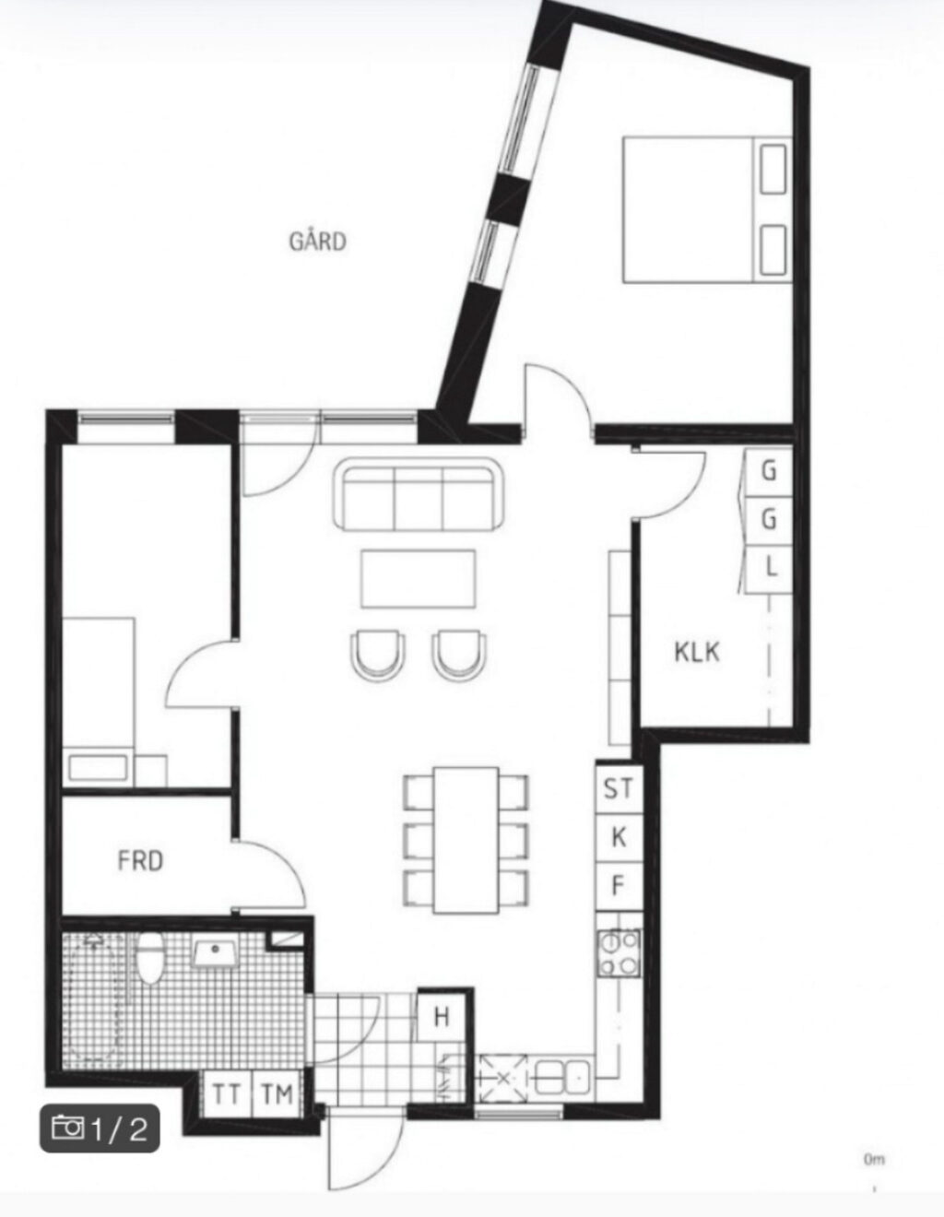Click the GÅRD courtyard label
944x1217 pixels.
[x=317, y=242]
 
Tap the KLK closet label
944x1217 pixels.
[x=697, y=653]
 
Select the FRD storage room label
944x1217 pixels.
[x=140, y=861]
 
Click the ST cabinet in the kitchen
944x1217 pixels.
[x=619, y=789]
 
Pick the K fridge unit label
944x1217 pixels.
[x=619, y=838]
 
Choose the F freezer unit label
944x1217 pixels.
[x=618, y=886]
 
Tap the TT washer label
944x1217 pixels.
[x=227, y=1094]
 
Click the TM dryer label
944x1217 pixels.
[x=277, y=1094]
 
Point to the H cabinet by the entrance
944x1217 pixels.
[x=442, y=1017]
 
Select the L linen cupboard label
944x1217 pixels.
[x=771, y=568]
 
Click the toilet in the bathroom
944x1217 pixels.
[x=150, y=958]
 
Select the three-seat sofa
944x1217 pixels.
[x=419, y=494]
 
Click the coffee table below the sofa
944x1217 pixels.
[x=419, y=579]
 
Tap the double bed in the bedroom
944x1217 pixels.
[x=707, y=209]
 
